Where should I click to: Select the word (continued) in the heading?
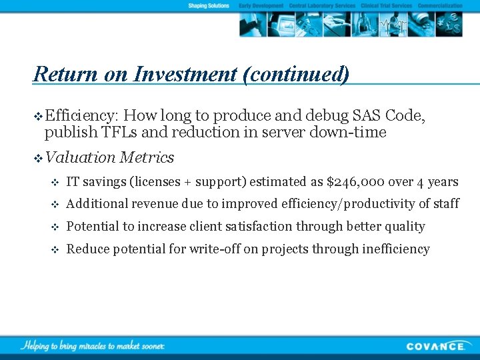[x=295, y=74]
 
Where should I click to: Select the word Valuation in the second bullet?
[x=80, y=158]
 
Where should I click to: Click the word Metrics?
[x=147, y=158]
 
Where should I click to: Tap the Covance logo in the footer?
[x=437, y=346]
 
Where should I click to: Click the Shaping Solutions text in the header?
[x=209, y=6]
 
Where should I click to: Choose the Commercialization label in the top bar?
[x=440, y=6]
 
